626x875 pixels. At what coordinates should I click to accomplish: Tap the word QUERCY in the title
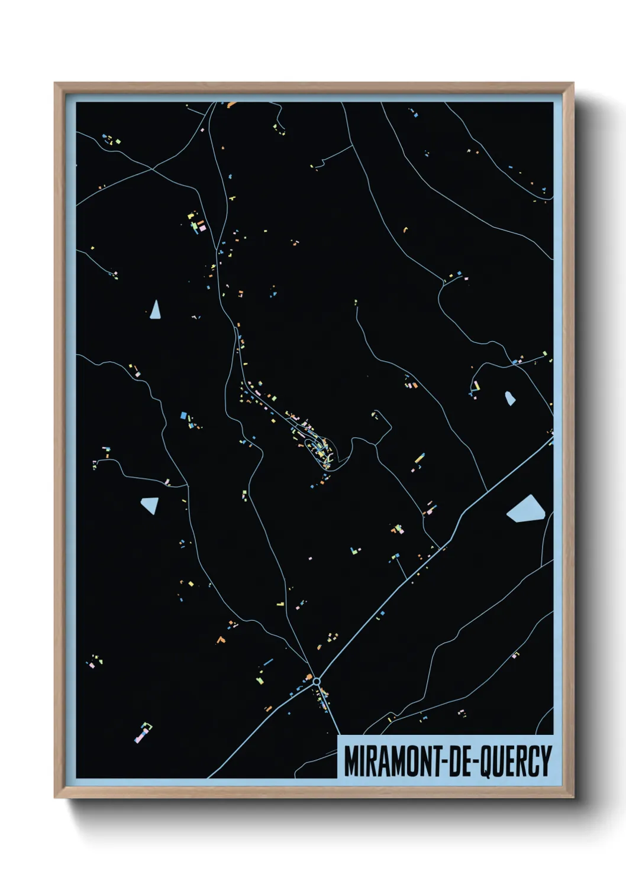pyautogui.click(x=515, y=762)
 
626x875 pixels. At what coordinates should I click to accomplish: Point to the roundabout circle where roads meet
pyautogui.click(x=317, y=682)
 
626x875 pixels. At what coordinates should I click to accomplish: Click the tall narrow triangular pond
pyautogui.click(x=155, y=310)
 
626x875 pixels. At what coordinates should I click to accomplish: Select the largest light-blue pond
pyautogui.click(x=527, y=509)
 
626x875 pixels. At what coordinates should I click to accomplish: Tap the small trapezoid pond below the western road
pyautogui.click(x=150, y=505)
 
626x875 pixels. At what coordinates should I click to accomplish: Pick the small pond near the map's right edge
pyautogui.click(x=509, y=398)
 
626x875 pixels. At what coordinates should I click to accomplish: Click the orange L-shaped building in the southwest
pyautogui.click(x=221, y=639)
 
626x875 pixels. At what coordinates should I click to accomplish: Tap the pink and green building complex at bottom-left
pyautogui.click(x=143, y=732)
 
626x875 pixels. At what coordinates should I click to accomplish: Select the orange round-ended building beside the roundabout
pyautogui.click(x=308, y=676)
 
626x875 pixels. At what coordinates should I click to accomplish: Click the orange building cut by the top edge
pyautogui.click(x=231, y=105)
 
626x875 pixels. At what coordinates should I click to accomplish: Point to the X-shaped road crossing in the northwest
pyautogui.click(x=152, y=169)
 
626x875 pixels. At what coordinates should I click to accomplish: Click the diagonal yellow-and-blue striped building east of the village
pyautogui.click(x=419, y=458)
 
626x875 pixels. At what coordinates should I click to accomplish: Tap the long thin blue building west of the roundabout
pyautogui.click(x=268, y=662)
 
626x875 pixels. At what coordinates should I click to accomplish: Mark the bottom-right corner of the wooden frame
pyautogui.click(x=573, y=797)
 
